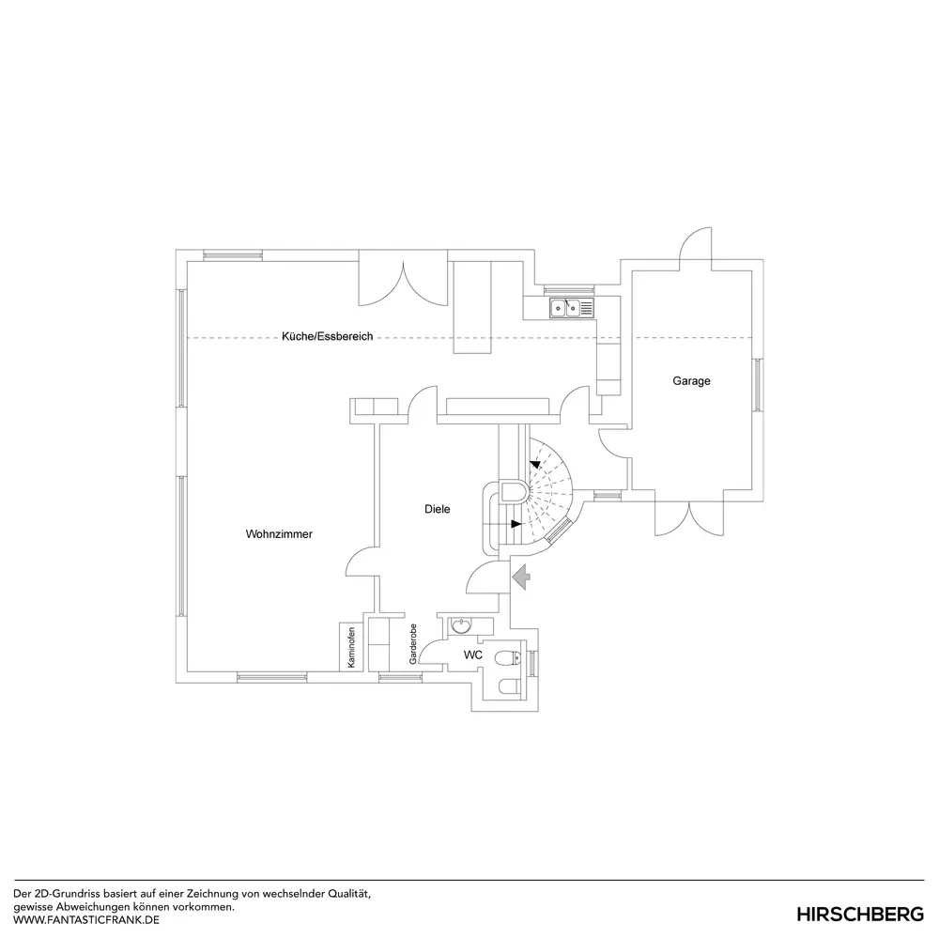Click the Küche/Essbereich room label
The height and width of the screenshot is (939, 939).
pyautogui.click(x=327, y=336)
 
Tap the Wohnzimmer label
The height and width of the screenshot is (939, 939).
pyautogui.click(x=279, y=534)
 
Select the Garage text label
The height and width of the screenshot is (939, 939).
pyautogui.click(x=691, y=381)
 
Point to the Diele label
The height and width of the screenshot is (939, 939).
pyautogui.click(x=437, y=509)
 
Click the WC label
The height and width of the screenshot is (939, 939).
pyautogui.click(x=473, y=654)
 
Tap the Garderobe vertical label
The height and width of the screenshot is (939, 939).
pyautogui.click(x=413, y=645)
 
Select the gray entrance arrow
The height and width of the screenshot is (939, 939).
pyautogui.click(x=521, y=575)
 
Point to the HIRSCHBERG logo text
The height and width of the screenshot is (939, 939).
pyautogui.click(x=860, y=914)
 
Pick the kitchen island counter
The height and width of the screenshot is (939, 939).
pyautogui.click(x=472, y=308)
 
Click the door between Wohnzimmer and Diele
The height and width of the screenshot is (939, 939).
pyautogui.click(x=363, y=562)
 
